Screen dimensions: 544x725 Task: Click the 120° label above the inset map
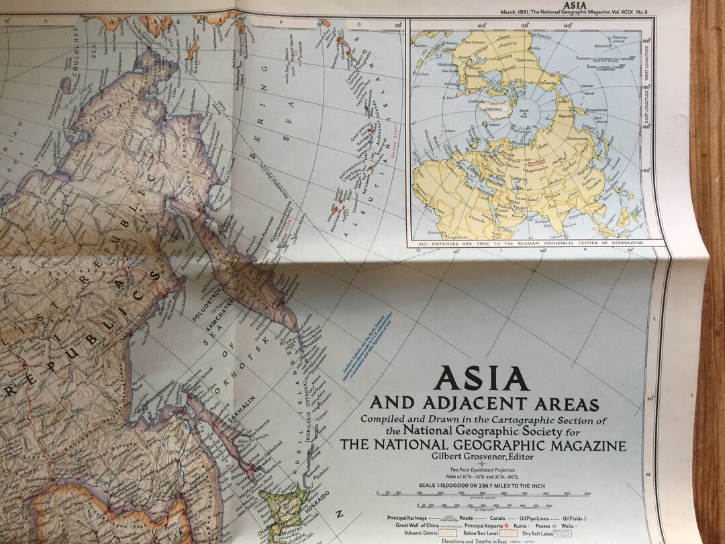click(526, 26)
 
